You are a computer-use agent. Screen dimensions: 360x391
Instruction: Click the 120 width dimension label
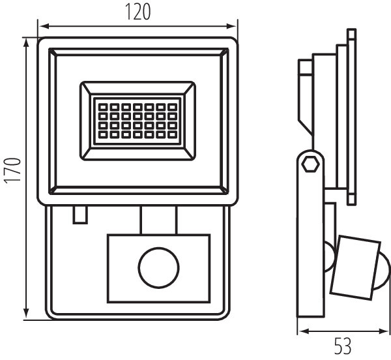(x=137, y=12)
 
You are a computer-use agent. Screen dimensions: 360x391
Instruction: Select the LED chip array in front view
(x=136, y=121)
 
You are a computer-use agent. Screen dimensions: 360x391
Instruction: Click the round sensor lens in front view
(x=158, y=266)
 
